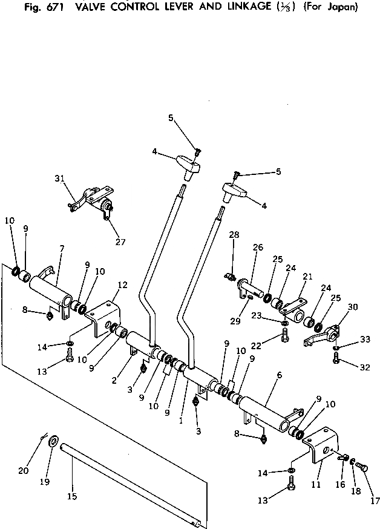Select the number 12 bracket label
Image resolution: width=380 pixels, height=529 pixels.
click(x=123, y=284)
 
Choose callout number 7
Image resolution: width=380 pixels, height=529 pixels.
click(x=62, y=249)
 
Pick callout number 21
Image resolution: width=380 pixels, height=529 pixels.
click(x=307, y=277)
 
